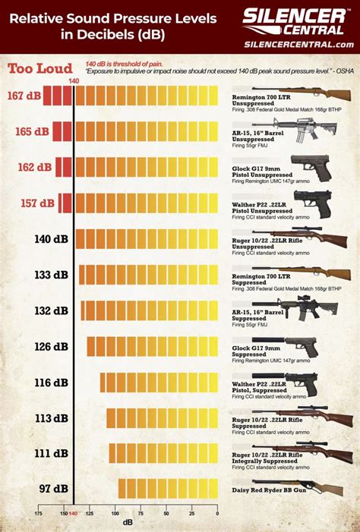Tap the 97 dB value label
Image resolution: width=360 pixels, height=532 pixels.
pyautogui.click(x=54, y=489)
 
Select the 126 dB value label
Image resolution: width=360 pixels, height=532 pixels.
pyautogui.click(x=51, y=346)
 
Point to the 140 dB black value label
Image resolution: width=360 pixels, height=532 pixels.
pyautogui.click(x=52, y=239)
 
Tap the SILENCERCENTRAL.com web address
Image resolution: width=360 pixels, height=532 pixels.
pyautogui.click(x=299, y=44)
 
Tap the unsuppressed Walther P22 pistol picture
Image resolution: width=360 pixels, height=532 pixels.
pyautogui.click(x=311, y=200)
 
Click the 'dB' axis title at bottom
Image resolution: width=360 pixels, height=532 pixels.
pyautogui.click(x=128, y=523)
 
